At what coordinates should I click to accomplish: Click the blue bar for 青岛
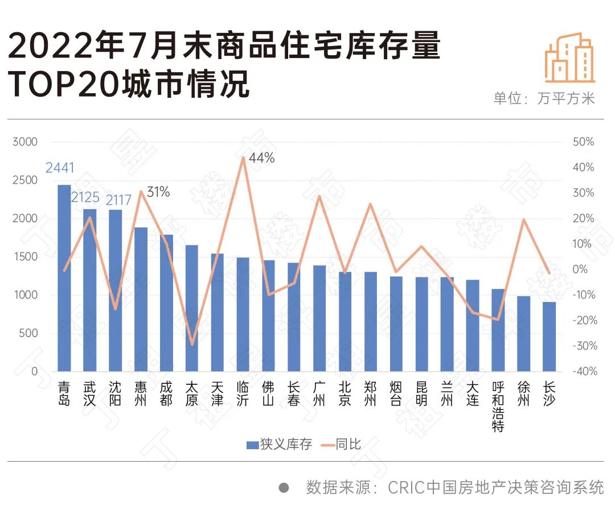coord(64,278)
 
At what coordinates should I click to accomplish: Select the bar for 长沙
coord(549,337)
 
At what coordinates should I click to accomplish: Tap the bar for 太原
coord(192,308)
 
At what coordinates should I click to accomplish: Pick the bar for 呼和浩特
coord(498,330)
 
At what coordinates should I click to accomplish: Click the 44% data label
coord(261,158)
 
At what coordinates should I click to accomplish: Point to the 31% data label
coord(158,192)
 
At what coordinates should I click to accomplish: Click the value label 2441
coord(60,168)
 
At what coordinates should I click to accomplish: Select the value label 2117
coord(118,200)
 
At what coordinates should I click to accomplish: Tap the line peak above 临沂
coord(243,157)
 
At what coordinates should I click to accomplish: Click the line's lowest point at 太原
coord(192,345)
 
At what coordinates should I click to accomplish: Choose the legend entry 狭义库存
coord(279,445)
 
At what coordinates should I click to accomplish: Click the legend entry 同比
coord(341,445)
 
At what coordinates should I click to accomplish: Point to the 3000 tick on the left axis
coord(25,142)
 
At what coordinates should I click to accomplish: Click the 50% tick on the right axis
coord(583,142)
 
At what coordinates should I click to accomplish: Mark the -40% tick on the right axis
coord(585,371)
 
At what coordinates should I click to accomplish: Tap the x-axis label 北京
coord(345,393)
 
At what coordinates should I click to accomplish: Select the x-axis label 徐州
coord(524,393)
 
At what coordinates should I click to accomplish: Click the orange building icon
coord(570,57)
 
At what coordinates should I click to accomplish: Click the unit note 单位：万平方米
coord(544,98)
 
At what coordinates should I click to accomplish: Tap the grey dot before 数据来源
coord(284,488)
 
